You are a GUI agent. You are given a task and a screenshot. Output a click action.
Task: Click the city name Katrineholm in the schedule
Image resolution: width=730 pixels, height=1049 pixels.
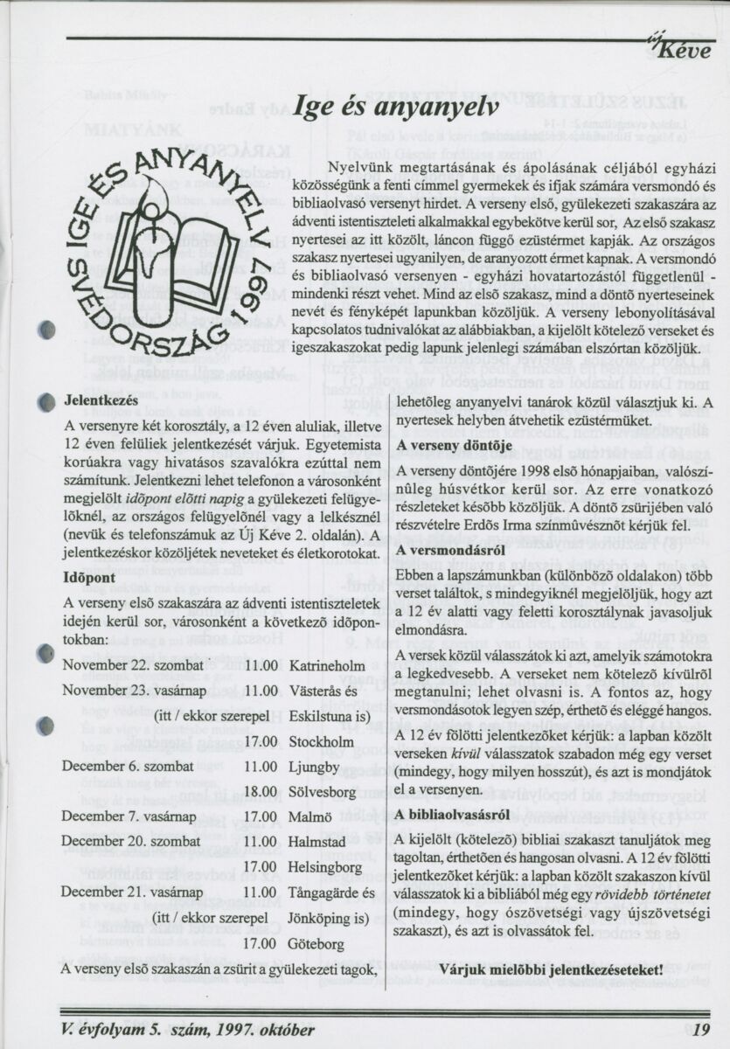pos(326,666)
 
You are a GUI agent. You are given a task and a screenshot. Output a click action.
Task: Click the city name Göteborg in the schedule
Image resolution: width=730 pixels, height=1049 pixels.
pos(318,944)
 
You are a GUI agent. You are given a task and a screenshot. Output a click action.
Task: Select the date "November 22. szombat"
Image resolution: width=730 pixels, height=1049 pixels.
pos(130,666)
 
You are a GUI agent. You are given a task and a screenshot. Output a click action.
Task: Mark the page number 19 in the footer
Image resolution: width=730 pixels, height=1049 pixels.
pos(700,1028)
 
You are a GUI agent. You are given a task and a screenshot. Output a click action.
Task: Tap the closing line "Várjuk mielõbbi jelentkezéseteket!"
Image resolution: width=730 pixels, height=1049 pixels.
pos(551,969)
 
